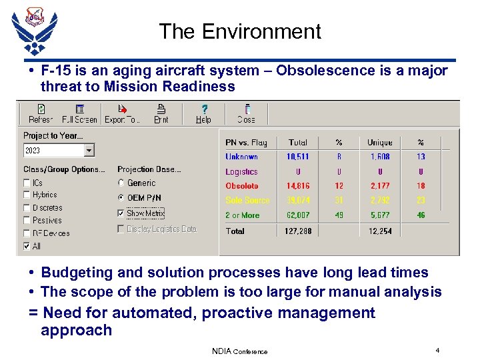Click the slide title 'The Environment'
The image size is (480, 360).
point(240,31)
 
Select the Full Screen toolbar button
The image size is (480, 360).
point(79,114)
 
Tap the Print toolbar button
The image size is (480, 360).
point(161,114)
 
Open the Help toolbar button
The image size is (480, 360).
point(203,114)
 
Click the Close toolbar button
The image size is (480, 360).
point(246,114)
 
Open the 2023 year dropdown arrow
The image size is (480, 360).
point(89,151)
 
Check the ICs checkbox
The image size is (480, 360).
point(27,183)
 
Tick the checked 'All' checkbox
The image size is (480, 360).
point(27,246)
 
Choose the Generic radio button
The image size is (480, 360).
point(121,183)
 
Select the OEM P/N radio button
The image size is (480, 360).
point(121,198)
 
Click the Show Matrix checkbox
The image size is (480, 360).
point(121,213)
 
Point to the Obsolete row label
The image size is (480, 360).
point(241,186)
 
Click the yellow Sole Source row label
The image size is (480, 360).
point(247,200)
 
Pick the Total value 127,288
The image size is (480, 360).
point(297,231)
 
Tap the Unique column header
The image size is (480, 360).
point(379,143)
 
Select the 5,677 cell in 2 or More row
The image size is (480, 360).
point(379,215)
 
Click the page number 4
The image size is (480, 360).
point(437,350)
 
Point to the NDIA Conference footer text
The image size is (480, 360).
point(239,351)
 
